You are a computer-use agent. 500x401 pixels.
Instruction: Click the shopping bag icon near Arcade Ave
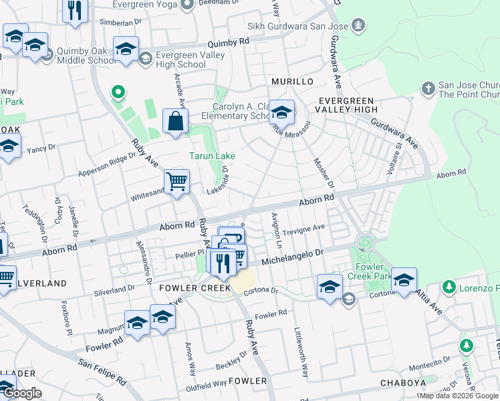175,122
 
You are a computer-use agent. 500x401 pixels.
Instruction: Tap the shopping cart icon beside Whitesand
177,182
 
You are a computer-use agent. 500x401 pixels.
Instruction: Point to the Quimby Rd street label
228,41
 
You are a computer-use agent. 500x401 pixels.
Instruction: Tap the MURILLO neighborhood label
292,82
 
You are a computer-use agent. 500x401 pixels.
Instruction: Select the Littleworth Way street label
301,351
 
